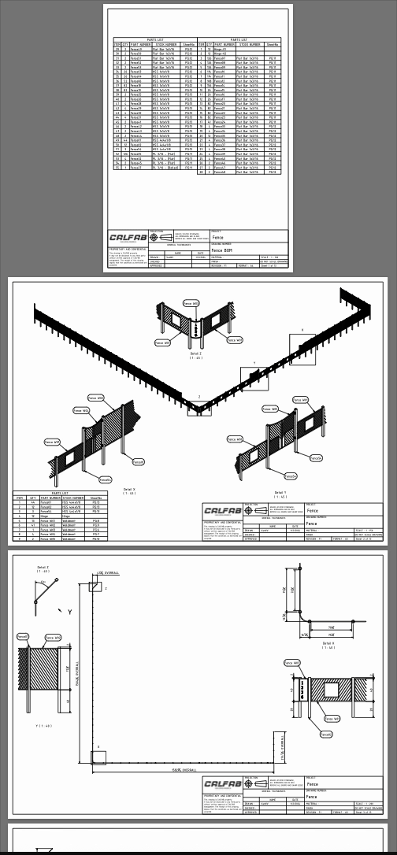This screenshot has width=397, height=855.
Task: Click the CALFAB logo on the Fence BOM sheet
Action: pos(126,237)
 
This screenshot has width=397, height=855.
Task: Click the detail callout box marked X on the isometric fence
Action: pos(302,346)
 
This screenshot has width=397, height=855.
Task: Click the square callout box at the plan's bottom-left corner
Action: pos(98,757)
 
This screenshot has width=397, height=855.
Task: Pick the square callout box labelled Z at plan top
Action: pos(95,587)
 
